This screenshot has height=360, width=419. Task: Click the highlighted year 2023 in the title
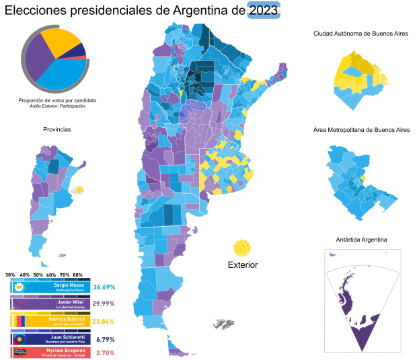tap(264, 10)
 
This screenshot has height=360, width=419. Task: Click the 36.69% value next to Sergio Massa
tap(104, 287)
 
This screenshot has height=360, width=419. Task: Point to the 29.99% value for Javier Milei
tap(104, 303)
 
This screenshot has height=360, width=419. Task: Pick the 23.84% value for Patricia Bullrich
tap(104, 320)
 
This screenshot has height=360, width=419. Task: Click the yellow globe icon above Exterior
tap(243, 248)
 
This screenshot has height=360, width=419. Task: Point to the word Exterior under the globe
tap(243, 264)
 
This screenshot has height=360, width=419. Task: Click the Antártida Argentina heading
tap(360, 240)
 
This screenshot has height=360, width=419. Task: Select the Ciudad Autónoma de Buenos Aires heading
tap(360, 33)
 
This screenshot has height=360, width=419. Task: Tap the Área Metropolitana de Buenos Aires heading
tap(361, 129)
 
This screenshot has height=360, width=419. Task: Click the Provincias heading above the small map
tap(56, 129)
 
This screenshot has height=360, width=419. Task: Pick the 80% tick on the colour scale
tap(78, 275)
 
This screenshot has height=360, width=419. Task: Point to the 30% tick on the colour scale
tap(10, 275)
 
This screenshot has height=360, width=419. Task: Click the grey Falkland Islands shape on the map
tap(223, 325)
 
